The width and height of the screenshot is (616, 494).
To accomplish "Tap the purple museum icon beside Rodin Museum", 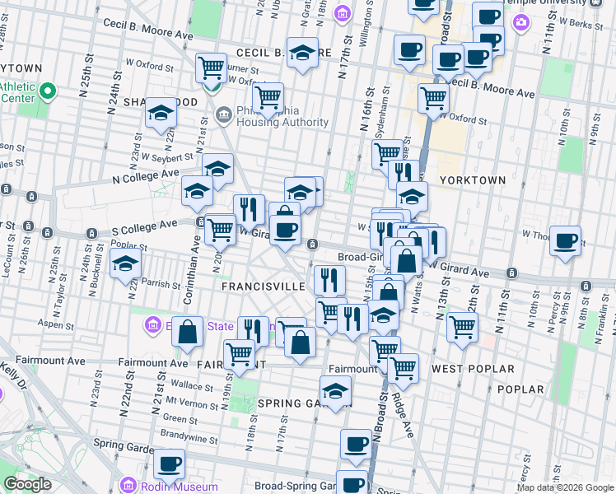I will point(128,485).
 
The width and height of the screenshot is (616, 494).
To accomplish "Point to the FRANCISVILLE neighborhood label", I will point(263,286).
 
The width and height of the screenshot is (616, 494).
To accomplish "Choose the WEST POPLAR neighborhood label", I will point(473,369).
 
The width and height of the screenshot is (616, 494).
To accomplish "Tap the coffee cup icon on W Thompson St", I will point(565,241).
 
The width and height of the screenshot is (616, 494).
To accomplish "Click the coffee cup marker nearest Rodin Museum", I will point(170,464).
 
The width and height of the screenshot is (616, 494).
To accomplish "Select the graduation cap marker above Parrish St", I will point(125,264).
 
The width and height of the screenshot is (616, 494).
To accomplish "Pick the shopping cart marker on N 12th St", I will point(462,326).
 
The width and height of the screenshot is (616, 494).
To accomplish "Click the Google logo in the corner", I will point(27,484).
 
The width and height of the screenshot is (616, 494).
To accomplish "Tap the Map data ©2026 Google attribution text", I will point(565,487).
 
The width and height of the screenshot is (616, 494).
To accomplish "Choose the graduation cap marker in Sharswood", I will point(161,114).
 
